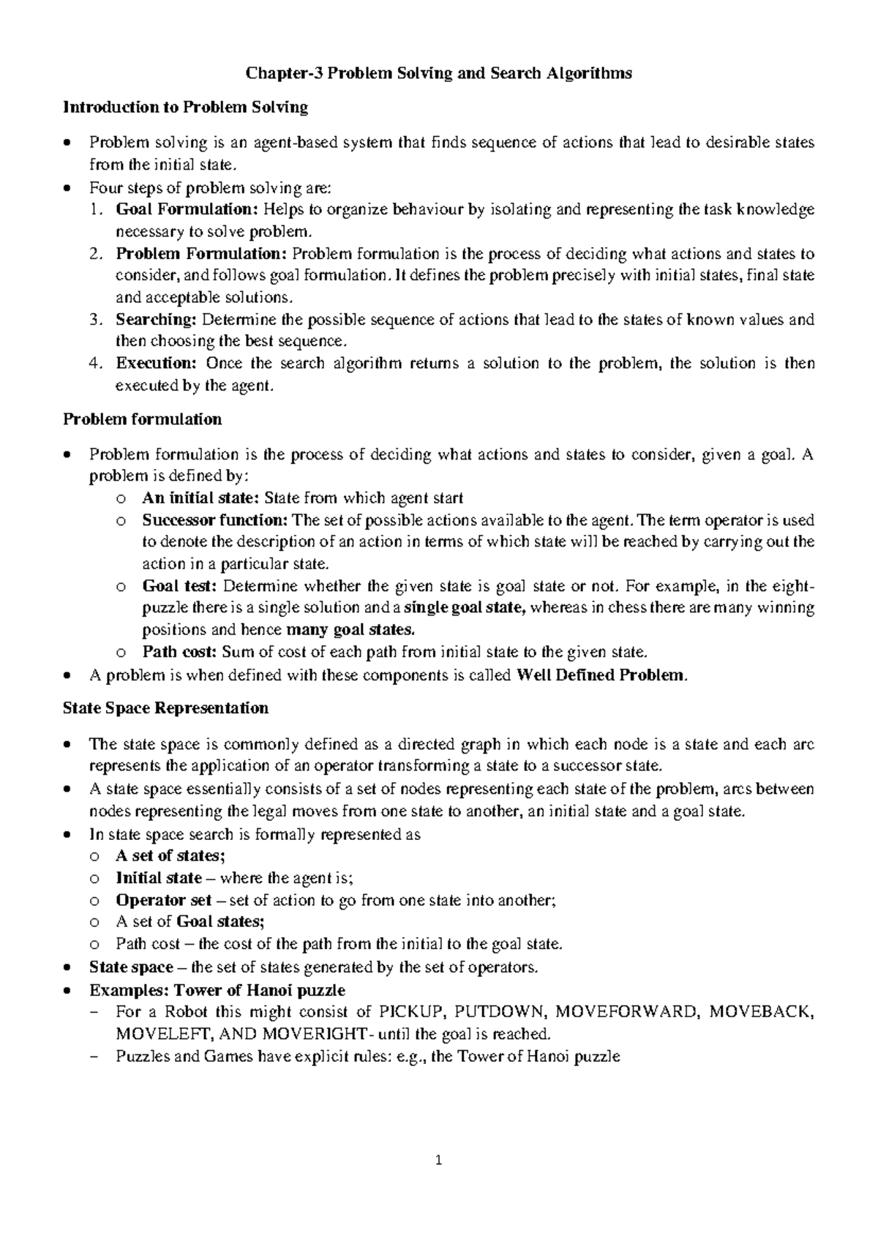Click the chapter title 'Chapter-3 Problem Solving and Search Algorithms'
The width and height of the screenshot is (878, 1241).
coord(438,73)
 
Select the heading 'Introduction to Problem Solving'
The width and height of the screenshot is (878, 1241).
coord(185,108)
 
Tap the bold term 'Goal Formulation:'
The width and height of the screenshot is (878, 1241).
coord(187,210)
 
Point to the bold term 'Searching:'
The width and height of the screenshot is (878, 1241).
coord(156,320)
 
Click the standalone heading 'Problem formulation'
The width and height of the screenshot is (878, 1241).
coord(142,419)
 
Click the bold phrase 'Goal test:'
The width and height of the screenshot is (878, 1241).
coord(179,586)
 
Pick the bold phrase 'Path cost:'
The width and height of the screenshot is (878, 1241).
coord(179,652)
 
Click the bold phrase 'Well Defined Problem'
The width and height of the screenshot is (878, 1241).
coord(601,675)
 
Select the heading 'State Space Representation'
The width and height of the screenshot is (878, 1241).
coord(165,708)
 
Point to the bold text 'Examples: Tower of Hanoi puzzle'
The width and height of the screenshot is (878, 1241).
coord(217,990)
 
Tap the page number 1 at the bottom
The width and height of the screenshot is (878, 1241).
coord(439,1160)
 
